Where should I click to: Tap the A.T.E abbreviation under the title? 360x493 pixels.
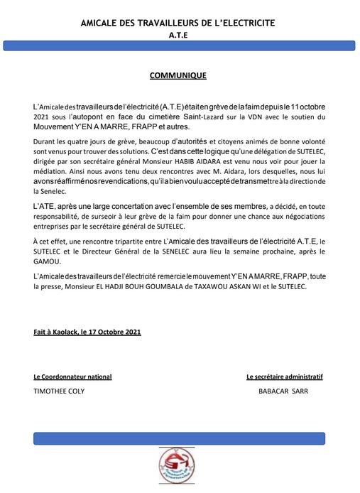[x=180, y=34]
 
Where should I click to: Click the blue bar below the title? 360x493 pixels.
[x=180, y=45]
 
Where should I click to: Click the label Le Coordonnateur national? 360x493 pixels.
[x=72, y=376]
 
